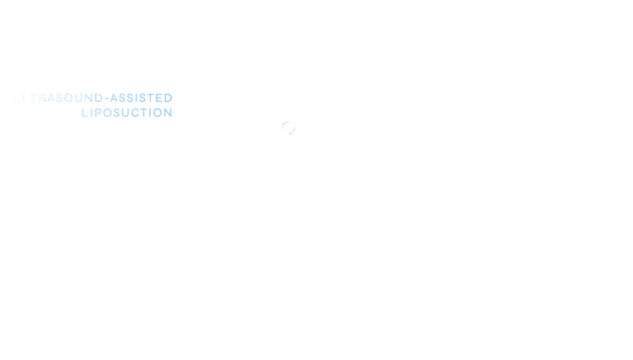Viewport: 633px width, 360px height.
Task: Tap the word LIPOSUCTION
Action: click(x=127, y=113)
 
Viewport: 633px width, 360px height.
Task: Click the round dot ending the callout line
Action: click(x=288, y=128)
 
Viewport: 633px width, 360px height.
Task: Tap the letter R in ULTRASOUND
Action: click(x=41, y=98)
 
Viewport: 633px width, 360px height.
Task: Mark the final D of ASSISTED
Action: click(x=168, y=98)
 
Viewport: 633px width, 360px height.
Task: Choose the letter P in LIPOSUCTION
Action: click(x=96, y=113)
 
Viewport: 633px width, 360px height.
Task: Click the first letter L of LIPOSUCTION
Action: click(x=84, y=113)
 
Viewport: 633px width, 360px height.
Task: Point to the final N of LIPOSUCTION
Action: click(x=168, y=113)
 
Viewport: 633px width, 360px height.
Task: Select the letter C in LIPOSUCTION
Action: click(x=138, y=113)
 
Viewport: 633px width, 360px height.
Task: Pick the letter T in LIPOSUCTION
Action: click(x=147, y=113)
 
